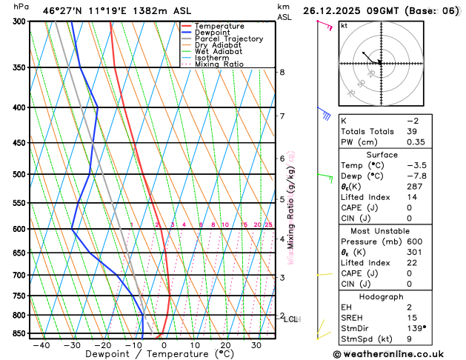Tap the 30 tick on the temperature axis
coord(256,345)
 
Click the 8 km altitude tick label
coord(282,72)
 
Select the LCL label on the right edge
coord(290,319)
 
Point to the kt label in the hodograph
coord(344,26)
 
